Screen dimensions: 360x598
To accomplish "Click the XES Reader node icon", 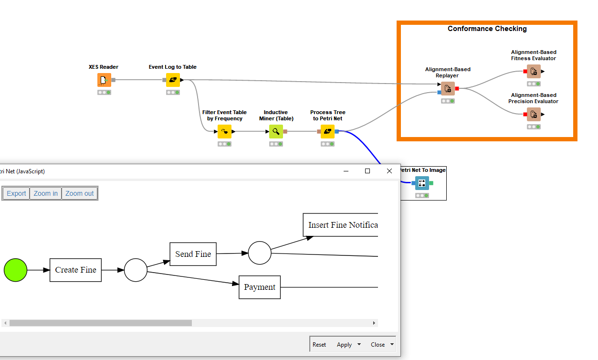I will point(104,80).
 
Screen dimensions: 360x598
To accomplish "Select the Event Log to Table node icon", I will point(173,80).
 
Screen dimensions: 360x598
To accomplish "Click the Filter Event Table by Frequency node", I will point(224,131).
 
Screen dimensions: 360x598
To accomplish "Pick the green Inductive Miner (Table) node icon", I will point(276,131).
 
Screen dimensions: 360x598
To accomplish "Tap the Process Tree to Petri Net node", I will point(327,131).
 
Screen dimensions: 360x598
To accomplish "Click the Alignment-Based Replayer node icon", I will point(448,88).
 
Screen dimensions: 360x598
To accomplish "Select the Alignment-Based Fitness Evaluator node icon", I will point(534,71).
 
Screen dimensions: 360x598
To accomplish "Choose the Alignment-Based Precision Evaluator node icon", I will point(534,114).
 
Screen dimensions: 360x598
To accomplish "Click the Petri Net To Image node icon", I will point(422,183).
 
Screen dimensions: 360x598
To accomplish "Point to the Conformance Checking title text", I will point(487,29).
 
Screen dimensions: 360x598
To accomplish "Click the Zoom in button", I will point(45,193).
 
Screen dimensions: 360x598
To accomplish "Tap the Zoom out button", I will point(79,193).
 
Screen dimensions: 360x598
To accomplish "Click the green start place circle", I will point(16,270).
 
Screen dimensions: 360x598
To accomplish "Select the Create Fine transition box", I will point(75,270).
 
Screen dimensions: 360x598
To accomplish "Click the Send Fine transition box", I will point(193,254).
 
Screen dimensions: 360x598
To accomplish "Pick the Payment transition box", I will point(260,287).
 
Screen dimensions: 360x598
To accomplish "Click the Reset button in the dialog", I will point(319,345).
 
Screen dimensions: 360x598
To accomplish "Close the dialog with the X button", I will point(389,171).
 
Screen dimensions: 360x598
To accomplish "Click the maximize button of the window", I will point(367,171).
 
